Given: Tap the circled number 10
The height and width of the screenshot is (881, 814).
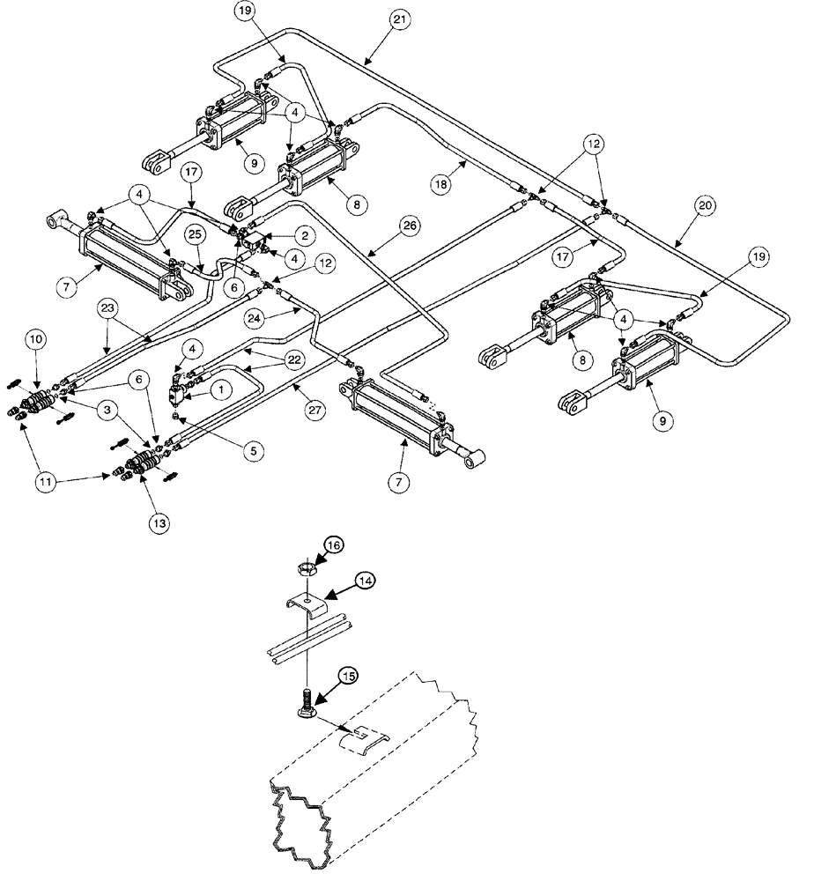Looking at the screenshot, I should [x=36, y=339].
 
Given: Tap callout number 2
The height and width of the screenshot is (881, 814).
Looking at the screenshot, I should [x=303, y=235].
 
